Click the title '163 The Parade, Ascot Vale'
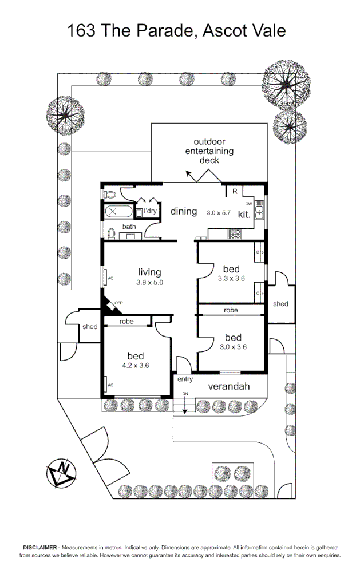[176, 30]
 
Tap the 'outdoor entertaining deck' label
[209, 151]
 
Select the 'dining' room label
[184, 212]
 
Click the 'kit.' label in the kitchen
[244, 215]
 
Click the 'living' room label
[149, 272]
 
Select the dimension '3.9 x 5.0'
[149, 282]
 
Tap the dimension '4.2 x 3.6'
[135, 366]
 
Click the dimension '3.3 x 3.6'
[231, 279]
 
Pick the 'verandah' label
[228, 386]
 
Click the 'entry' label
[185, 379]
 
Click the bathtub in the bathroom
[118, 212]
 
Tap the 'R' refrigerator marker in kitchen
[234, 191]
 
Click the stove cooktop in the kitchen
[235, 233]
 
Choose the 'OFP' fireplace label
[119, 303]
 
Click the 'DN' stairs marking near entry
[185, 394]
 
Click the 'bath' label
[129, 227]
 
